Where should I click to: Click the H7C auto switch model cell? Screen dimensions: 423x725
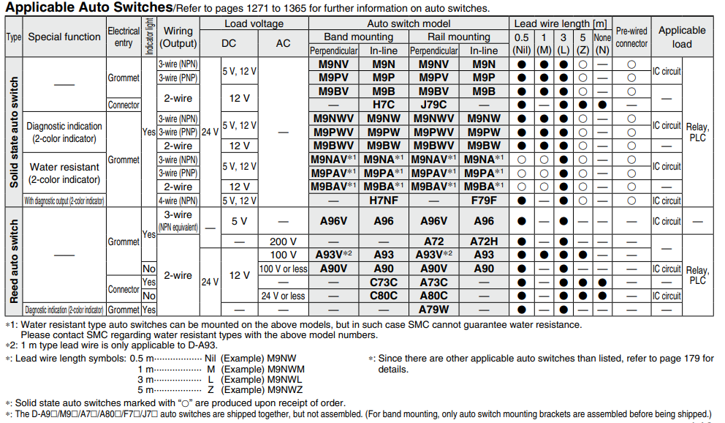[383, 105]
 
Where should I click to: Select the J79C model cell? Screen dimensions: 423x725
[433, 105]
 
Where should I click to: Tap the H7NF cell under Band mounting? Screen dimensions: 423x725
[383, 200]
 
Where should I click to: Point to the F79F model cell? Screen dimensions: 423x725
[483, 200]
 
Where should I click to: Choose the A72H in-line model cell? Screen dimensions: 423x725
[483, 242]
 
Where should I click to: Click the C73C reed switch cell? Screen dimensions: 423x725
[383, 282]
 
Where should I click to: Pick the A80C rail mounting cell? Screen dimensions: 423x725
[433, 296]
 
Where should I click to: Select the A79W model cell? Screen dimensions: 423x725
[433, 310]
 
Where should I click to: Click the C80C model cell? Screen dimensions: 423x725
[383, 296]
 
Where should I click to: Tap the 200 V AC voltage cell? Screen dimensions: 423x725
[283, 242]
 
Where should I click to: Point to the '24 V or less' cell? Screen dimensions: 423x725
[283, 296]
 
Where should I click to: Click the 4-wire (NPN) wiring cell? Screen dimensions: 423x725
[178, 200]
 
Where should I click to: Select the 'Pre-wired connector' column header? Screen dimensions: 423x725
[631, 37]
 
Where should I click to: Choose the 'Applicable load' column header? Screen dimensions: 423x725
[681, 37]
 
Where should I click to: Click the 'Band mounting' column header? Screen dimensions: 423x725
[358, 37]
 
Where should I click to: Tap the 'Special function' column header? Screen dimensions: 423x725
[64, 37]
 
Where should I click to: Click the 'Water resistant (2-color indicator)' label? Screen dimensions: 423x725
[64, 173]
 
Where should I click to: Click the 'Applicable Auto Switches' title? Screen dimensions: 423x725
[88, 8]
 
